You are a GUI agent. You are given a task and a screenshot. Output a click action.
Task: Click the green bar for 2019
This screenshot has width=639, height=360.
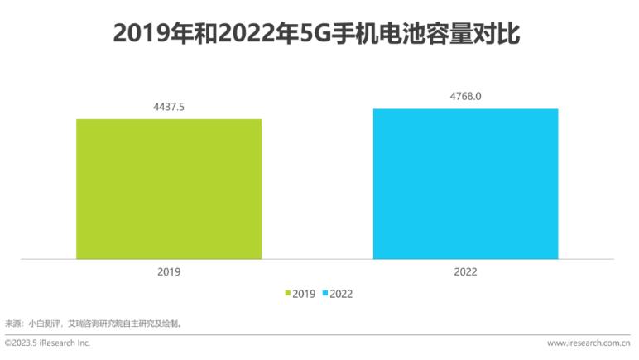[x=169, y=189]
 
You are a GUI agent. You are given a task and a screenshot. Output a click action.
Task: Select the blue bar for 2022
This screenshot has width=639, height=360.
[x=465, y=183]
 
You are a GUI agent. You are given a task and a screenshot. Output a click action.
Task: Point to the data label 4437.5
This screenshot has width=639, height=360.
[x=169, y=107]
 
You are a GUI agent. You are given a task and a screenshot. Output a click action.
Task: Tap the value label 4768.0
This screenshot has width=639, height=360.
[x=465, y=96]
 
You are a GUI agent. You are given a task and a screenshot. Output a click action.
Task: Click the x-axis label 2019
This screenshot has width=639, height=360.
[x=169, y=271]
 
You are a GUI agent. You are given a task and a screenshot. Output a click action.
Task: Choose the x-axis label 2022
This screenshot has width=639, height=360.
[x=465, y=271]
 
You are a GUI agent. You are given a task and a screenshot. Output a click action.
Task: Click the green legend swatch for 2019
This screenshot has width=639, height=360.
[x=288, y=293]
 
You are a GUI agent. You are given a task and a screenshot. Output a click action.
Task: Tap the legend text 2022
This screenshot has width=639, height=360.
[x=342, y=293]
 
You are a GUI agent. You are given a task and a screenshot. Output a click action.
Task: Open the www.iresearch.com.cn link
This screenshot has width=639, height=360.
[x=589, y=343]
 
